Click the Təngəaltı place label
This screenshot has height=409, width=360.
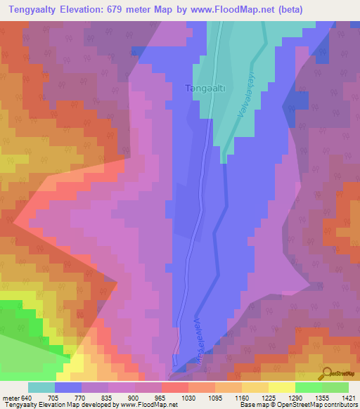click(204, 89)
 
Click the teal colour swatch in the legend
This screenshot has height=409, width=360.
click(41, 387)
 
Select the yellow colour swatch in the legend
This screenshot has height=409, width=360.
click(281, 387)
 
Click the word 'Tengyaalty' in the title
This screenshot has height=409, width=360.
click(30, 10)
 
